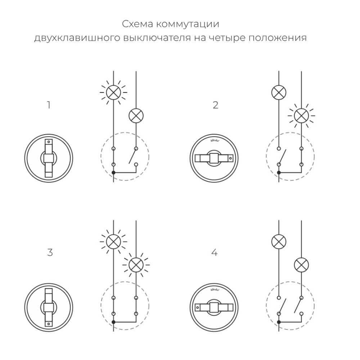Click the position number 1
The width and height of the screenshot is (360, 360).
click(x=49, y=105)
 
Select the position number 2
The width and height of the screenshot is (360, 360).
click(x=215, y=105)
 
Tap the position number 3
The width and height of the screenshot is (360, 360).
click(x=50, y=252)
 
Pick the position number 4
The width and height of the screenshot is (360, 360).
click(x=215, y=252)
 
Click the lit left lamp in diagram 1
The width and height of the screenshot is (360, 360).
click(x=113, y=93)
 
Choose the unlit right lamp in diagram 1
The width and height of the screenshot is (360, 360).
click(x=136, y=116)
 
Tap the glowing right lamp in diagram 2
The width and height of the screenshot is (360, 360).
click(x=301, y=116)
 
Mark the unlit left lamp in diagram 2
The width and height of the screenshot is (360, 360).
click(x=279, y=93)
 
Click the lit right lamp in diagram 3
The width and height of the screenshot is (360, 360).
click(x=136, y=265)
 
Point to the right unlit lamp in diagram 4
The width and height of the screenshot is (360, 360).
click(x=301, y=265)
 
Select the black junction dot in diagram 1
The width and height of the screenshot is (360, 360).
click(x=113, y=173)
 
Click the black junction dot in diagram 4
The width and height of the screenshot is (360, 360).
click(x=279, y=322)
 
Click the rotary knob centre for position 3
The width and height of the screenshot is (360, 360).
click(x=49, y=307)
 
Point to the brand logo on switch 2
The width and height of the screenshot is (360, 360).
click(x=214, y=141)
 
